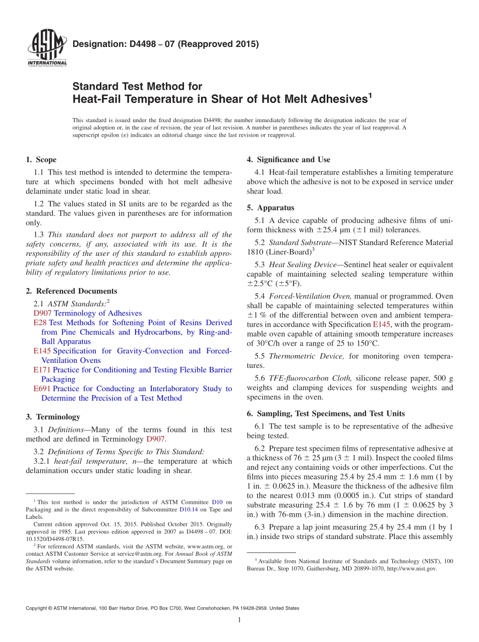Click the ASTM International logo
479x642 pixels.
pos(47,49)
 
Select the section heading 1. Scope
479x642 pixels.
pos(41,160)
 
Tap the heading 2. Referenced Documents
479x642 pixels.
pos(71,291)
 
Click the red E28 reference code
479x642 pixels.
pos(40,323)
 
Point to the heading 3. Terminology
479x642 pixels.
pos(53,417)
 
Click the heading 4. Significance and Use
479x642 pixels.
pos(288,160)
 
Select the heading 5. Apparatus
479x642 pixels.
pos(271,208)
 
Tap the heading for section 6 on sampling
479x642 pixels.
pos(326,414)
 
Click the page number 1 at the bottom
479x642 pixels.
pos(239,620)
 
